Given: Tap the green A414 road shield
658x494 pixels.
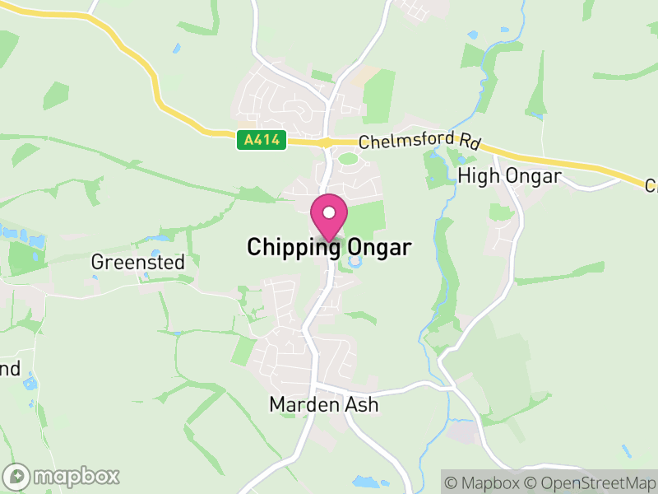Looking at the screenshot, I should tap(262, 141).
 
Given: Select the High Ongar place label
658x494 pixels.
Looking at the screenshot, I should tap(509, 176).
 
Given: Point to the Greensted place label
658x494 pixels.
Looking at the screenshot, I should tap(138, 263).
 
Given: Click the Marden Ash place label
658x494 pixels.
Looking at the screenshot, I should tap(324, 405).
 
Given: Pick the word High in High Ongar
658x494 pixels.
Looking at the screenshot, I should tap(474, 176).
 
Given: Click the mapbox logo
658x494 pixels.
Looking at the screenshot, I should tap(63, 476).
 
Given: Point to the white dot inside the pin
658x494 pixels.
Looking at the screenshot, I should tap(329, 212).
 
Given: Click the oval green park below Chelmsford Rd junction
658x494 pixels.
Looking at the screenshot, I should tap(349, 158).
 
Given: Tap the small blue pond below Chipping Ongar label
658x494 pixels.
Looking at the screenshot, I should tap(355, 263).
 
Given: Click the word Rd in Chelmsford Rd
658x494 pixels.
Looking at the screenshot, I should tap(469, 142).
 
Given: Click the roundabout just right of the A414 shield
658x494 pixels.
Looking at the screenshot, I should tap(327, 142).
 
